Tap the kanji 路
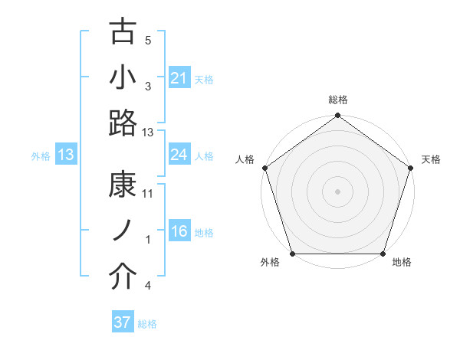pos(123,123)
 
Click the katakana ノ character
pos(123,231)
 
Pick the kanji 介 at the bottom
pos(123,277)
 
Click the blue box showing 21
pos(179,78)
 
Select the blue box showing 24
pos(179,155)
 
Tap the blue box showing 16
pos(179,231)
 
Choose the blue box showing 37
pos(123,322)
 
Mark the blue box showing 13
pos(65,155)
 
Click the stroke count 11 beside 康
pos(148,194)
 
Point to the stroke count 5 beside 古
pos(148,41)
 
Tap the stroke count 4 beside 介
pos(148,286)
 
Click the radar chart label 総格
pos(337,100)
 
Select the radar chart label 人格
pos(245,159)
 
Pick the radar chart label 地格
pos(401,263)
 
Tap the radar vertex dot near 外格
pos(292,254)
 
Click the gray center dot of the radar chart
pos(337,191)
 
